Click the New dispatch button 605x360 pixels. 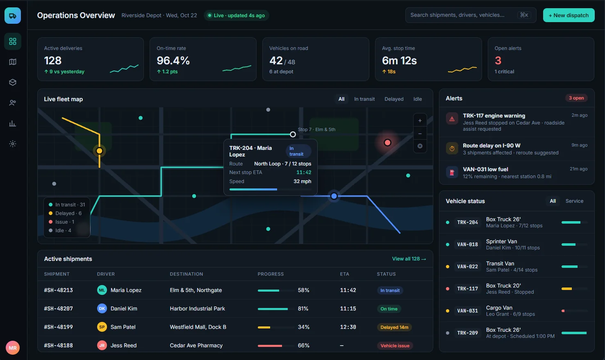pyautogui.click(x=569, y=16)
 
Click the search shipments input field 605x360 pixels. pyautogui.click(x=471, y=15)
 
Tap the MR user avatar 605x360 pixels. pyautogui.click(x=13, y=348)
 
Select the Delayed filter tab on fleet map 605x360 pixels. pyautogui.click(x=394, y=99)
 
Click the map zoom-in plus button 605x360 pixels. pyautogui.click(x=420, y=121)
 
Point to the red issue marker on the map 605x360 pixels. pyautogui.click(x=387, y=143)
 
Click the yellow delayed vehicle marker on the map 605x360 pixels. pyautogui.click(x=99, y=151)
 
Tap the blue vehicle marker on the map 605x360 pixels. pyautogui.click(x=334, y=196)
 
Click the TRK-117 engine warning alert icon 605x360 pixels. pyautogui.click(x=452, y=119)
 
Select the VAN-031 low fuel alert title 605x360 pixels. pyautogui.click(x=485, y=169)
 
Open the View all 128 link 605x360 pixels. pyautogui.click(x=409, y=259)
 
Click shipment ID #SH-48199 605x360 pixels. pyautogui.click(x=58, y=327)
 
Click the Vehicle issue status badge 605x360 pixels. pyautogui.click(x=395, y=346)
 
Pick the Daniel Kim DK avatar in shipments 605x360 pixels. pyautogui.click(x=102, y=308)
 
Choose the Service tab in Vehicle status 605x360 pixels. pyautogui.click(x=574, y=201)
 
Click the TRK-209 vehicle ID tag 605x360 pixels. pyautogui.click(x=467, y=333)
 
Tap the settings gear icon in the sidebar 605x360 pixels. pyautogui.click(x=13, y=144)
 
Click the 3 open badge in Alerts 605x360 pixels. pyautogui.click(x=576, y=98)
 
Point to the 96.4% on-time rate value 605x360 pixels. pyautogui.click(x=173, y=61)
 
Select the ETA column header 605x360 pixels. pyautogui.click(x=344, y=274)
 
